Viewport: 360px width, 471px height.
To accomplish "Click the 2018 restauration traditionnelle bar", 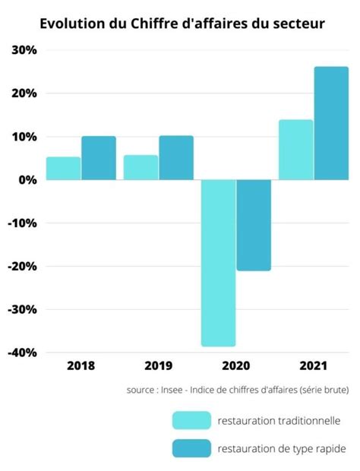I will (x=63, y=169).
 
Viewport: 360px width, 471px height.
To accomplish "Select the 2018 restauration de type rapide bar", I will (x=99, y=158).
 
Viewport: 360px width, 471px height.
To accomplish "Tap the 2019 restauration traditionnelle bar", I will (x=141, y=168).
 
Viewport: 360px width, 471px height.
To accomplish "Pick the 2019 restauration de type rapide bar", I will (x=176, y=158).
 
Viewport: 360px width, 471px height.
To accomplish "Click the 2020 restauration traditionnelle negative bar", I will (x=218, y=263).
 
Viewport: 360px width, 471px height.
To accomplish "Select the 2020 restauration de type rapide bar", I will (x=254, y=226).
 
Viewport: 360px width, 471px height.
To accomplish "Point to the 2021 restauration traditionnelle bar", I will (x=295, y=150).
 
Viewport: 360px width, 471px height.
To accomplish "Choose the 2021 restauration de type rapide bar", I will (x=331, y=123).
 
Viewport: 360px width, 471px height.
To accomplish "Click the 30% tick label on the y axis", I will (x=24, y=50).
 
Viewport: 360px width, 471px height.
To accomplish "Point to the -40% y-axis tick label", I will (x=22, y=352).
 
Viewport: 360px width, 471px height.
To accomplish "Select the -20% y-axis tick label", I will (x=22, y=267).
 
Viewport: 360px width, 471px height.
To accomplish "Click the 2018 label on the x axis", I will (x=81, y=365).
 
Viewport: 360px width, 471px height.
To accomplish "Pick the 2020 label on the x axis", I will (x=235, y=365).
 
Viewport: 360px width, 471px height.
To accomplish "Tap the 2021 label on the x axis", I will (x=313, y=365).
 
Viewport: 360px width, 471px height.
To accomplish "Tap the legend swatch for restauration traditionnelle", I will (x=191, y=420).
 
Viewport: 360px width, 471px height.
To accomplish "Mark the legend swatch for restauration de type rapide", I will (x=191, y=448).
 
